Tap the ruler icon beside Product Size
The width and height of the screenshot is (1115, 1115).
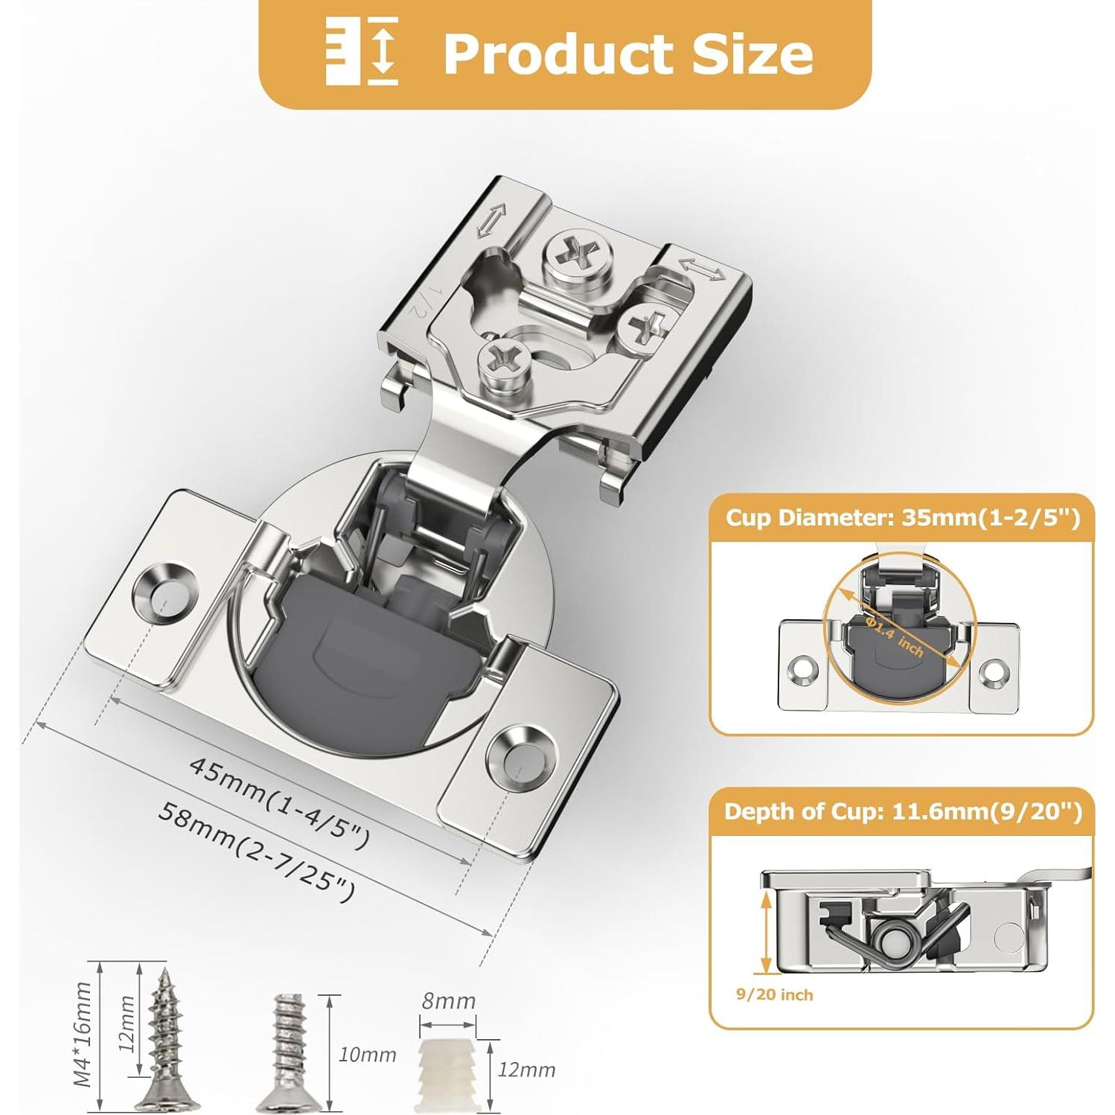tap(362, 51)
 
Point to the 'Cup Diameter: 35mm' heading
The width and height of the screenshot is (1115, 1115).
tap(901, 517)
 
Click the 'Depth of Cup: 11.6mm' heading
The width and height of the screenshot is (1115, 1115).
tap(902, 811)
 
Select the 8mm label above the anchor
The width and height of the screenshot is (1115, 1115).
tap(448, 1001)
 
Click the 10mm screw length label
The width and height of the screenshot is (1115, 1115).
tap(367, 1055)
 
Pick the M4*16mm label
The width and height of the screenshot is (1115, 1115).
tap(83, 1034)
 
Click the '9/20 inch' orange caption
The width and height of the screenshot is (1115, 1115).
tap(774, 995)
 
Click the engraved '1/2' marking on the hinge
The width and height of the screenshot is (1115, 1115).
tap(418, 302)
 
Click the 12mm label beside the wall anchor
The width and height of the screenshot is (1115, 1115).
tap(526, 1070)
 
